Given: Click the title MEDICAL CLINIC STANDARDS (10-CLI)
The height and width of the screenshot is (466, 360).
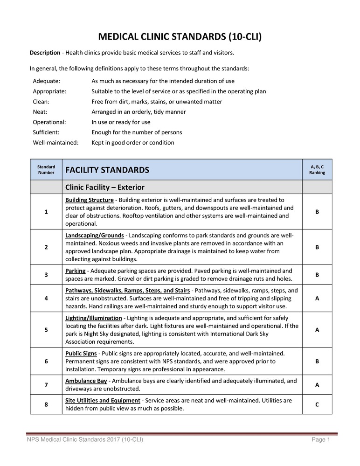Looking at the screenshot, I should coord(180,36).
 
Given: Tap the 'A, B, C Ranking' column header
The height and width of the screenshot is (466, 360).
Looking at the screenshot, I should coord(317,170).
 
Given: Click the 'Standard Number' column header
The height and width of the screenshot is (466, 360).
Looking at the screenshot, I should coord(46,170).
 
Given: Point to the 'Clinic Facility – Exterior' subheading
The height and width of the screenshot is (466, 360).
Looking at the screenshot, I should coord(105,188).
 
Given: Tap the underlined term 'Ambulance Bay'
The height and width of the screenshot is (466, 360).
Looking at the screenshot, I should coord(85,381).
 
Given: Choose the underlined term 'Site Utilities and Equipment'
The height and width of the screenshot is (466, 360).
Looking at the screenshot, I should coord(103,400).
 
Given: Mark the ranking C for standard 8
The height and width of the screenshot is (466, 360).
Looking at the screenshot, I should coord(317,404).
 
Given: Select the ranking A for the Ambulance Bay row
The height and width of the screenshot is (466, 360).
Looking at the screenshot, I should coord(317,385).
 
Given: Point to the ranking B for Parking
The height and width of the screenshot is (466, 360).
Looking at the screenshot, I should coord(317,275).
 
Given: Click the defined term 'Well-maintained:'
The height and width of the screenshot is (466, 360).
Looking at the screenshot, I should coord(55,143).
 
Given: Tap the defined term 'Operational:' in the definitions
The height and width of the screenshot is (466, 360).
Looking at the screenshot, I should coord(49,122).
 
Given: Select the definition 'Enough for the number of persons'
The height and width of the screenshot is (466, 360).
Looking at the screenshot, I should coord(137,132).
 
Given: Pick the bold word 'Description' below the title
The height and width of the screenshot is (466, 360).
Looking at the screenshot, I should coord(45,52).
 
